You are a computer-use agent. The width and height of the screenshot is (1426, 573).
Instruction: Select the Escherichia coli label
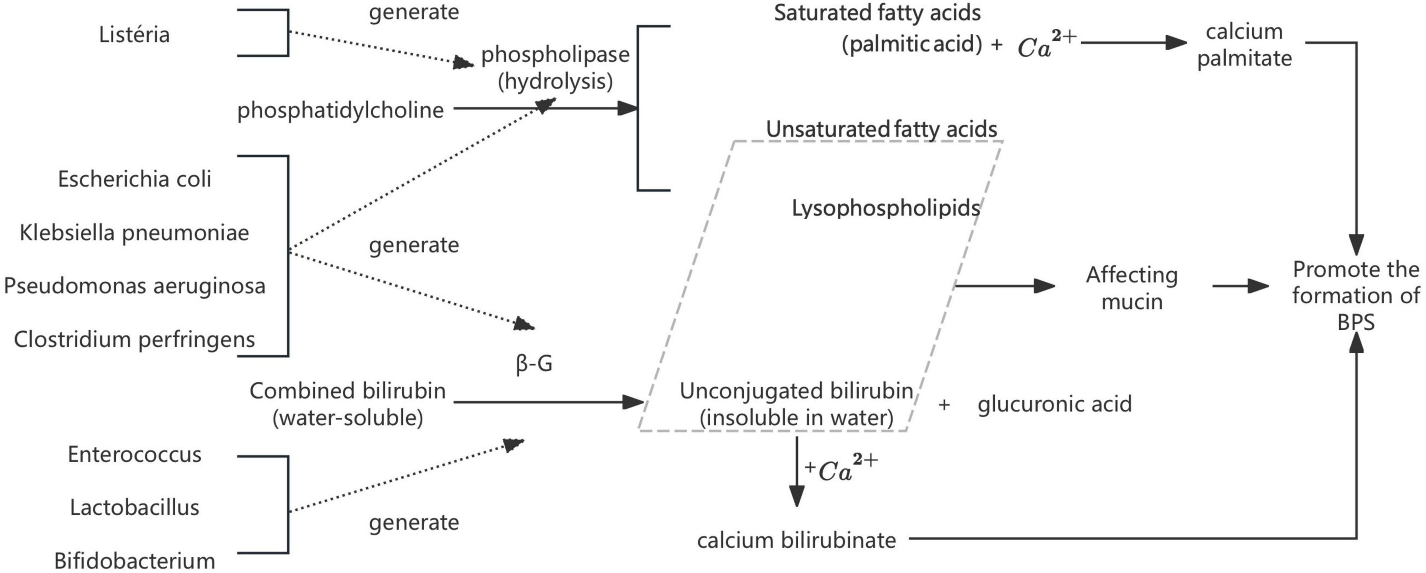[x=134, y=179]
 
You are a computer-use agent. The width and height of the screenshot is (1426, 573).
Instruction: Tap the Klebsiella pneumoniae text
[x=134, y=233]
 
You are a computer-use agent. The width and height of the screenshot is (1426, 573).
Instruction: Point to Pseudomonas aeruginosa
[x=134, y=286]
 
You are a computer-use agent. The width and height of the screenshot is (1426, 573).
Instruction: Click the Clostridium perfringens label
[x=134, y=339]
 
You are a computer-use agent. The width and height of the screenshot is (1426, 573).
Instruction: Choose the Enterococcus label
[x=134, y=454]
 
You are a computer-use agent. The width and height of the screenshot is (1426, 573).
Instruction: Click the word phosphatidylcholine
[x=340, y=110]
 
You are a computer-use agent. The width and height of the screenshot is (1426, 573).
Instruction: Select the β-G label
[x=534, y=364]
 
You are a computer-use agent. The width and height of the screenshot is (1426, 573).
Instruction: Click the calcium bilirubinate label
[x=796, y=540]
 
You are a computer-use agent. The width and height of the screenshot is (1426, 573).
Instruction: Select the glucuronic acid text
[x=1055, y=404]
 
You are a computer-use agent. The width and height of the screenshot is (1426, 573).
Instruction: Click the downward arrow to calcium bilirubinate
[x=797, y=471]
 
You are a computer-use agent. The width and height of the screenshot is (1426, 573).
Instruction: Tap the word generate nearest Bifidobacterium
[x=414, y=523]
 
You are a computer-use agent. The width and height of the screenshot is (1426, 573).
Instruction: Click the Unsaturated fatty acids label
[x=881, y=130]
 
